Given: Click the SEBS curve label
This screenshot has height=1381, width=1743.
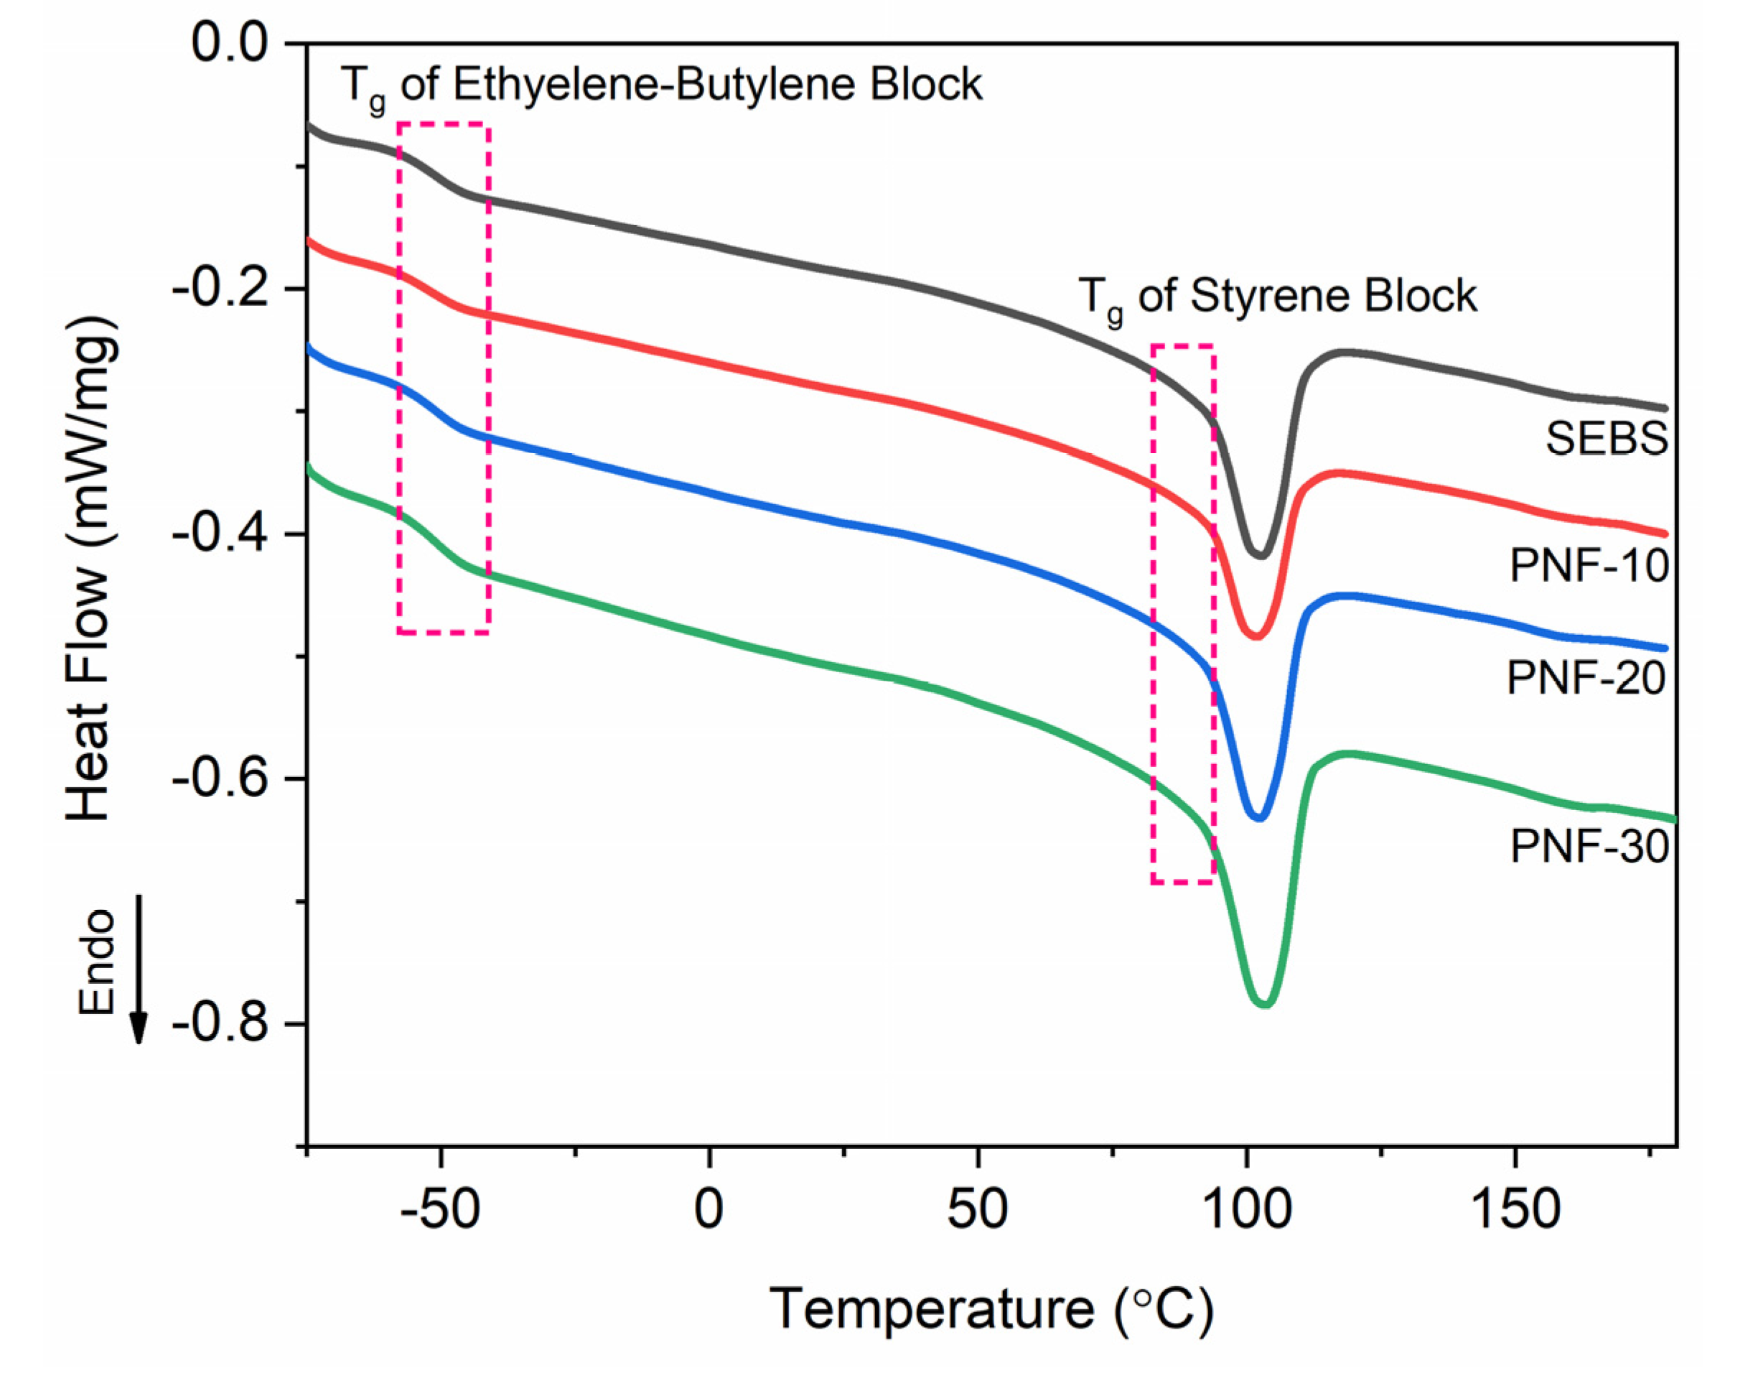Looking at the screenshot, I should (1606, 440).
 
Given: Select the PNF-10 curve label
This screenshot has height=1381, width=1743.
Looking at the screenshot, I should (1589, 565).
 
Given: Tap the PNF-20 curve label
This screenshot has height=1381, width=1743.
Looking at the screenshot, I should (1586, 677).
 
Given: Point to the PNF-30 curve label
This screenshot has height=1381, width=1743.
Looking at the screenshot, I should (1589, 847).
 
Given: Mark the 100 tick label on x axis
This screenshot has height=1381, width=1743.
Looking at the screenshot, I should (1246, 1210).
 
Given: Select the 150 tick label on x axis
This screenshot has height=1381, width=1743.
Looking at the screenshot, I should (1514, 1210).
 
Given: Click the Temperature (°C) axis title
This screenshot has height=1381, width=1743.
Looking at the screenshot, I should (991, 1309).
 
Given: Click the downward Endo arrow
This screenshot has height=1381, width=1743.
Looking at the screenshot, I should (138, 970).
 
